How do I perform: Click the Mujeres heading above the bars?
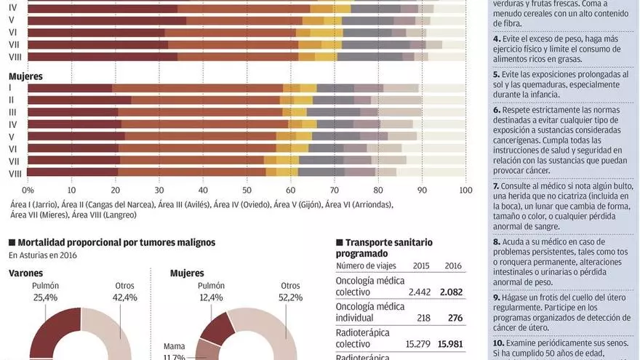coord(25,76)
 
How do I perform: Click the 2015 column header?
coord(421,265)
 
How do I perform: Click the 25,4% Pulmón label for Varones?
coord(45,292)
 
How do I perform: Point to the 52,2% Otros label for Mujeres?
coord(290,292)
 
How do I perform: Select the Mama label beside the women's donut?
coord(174,346)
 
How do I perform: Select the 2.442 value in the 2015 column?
coord(415,290)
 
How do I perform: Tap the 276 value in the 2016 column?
coord(455,318)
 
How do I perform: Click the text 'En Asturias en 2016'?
coord(43,255)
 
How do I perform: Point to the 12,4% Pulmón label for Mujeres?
coord(212,292)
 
